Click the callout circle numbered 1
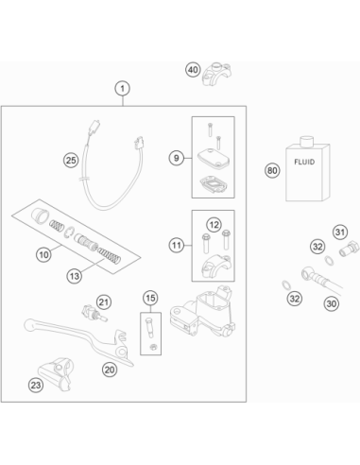pyautogui.click(x=123, y=89)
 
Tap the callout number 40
pyautogui.click(x=193, y=70)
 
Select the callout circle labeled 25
pyautogui.click(x=71, y=161)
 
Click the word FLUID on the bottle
pyautogui.click(x=304, y=162)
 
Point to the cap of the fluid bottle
pyautogui.click(x=306, y=142)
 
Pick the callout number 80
pyautogui.click(x=272, y=170)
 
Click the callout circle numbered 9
pyautogui.click(x=177, y=158)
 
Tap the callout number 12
pyautogui.click(x=214, y=225)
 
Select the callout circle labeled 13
pyautogui.click(x=75, y=276)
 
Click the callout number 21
pyautogui.click(x=104, y=302)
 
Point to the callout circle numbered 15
pyautogui.click(x=150, y=298)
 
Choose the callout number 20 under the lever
pyautogui.click(x=110, y=370)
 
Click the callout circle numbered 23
pyautogui.click(x=36, y=385)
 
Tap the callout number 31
pyautogui.click(x=340, y=232)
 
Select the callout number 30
pyautogui.click(x=332, y=303)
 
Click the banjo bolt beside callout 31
pyautogui.click(x=349, y=249)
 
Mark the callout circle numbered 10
pyautogui.click(x=43, y=254)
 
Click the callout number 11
pyautogui.click(x=177, y=245)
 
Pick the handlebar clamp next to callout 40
pyautogui.click(x=217, y=75)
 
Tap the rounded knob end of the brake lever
pyautogui.click(x=29, y=324)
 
